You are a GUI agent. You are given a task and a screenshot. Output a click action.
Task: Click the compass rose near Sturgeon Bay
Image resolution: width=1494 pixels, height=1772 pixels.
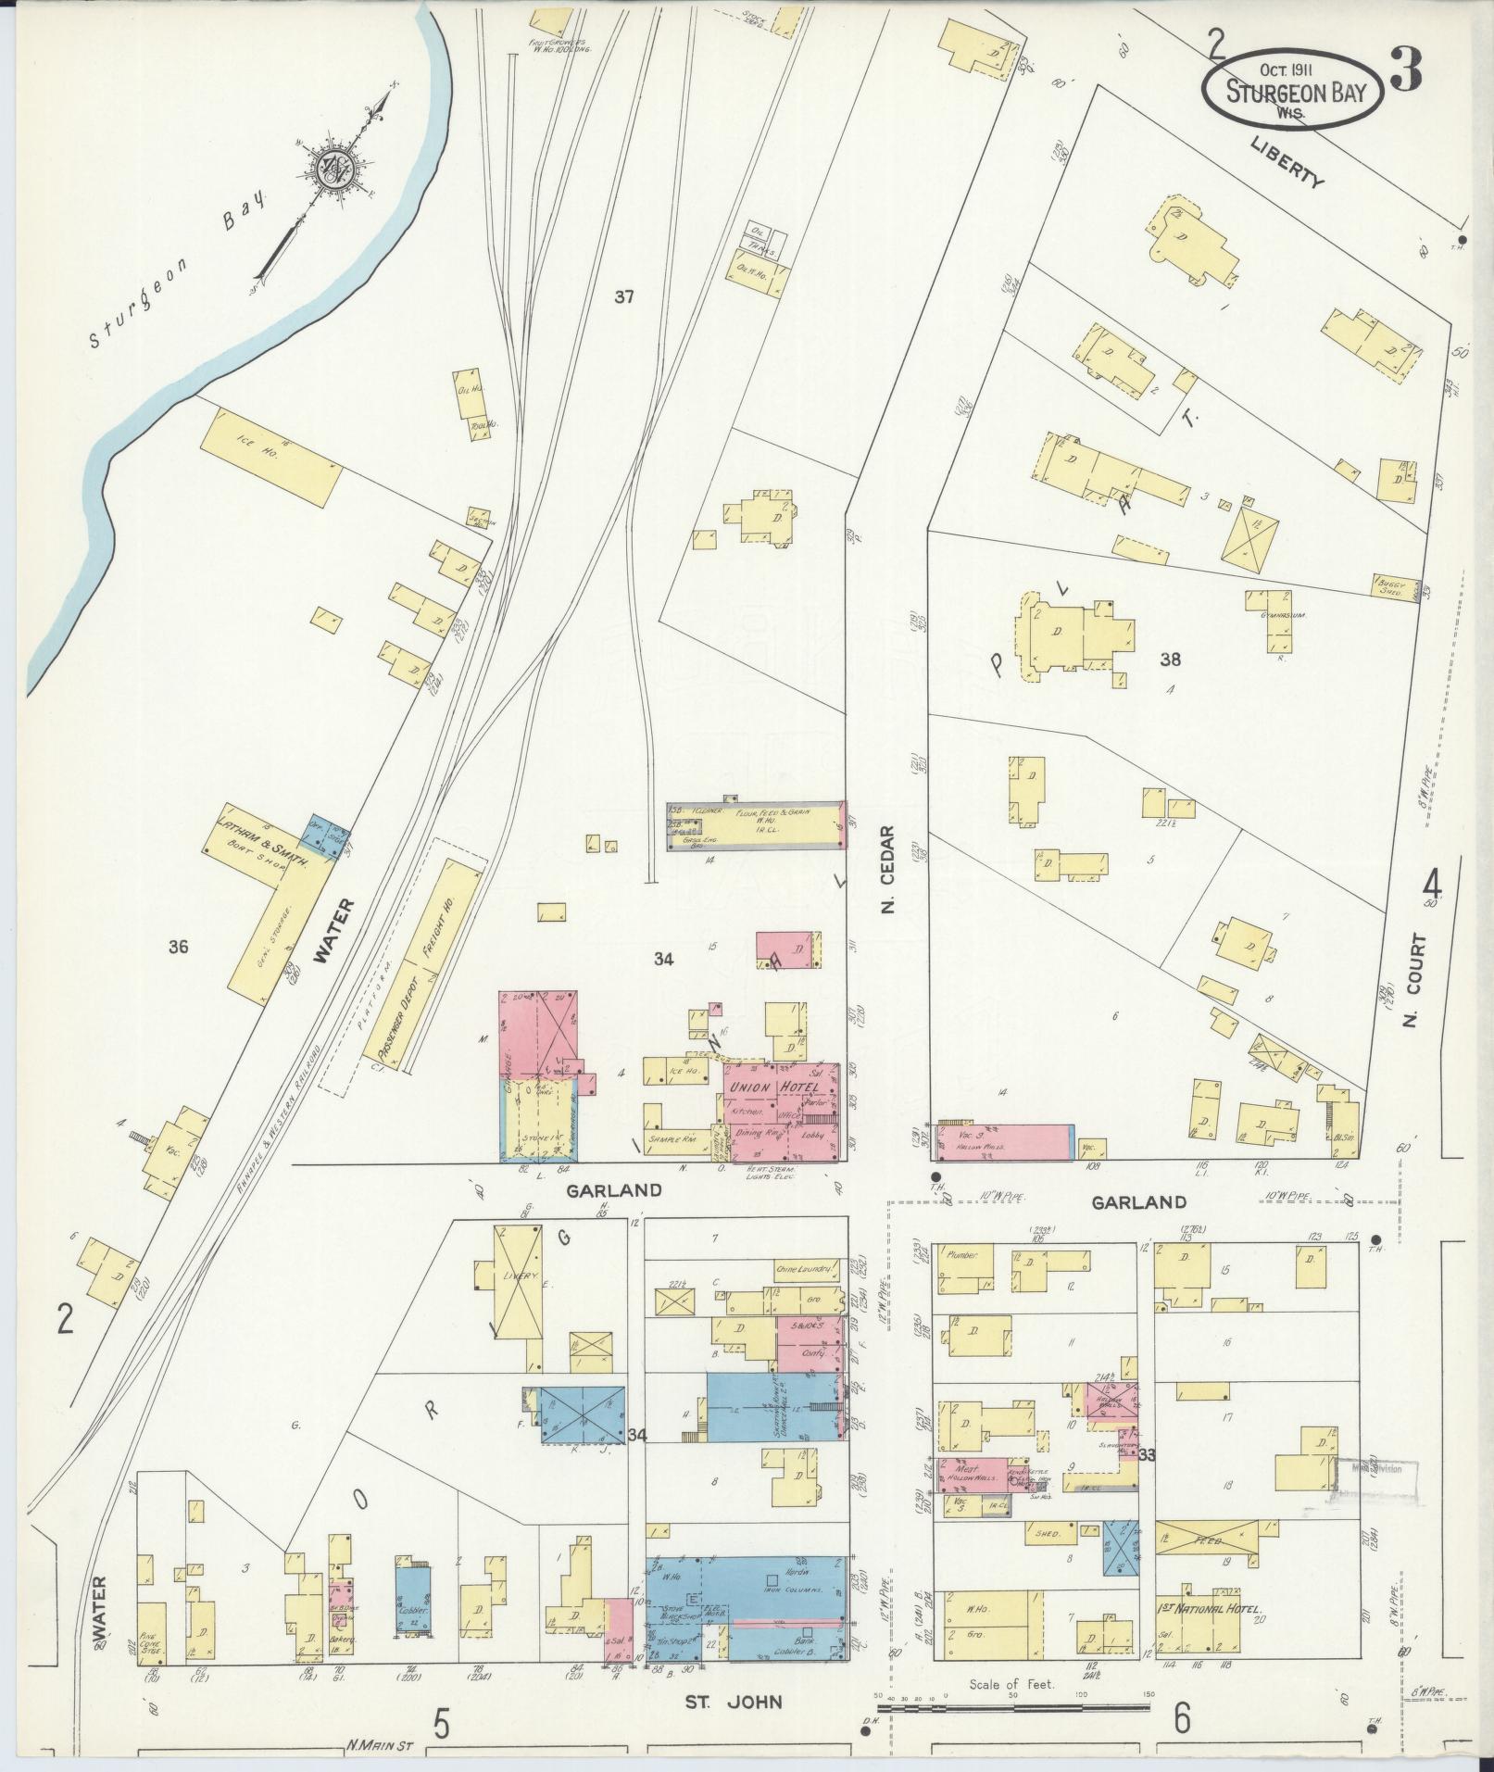[332, 169]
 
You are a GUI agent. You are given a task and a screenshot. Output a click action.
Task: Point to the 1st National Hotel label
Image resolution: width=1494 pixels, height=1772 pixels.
[1210, 1609]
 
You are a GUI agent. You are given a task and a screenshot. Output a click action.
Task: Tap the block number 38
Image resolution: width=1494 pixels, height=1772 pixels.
[1171, 660]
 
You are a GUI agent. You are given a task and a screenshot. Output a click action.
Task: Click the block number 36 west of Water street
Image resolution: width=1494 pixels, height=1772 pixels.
[179, 946]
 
